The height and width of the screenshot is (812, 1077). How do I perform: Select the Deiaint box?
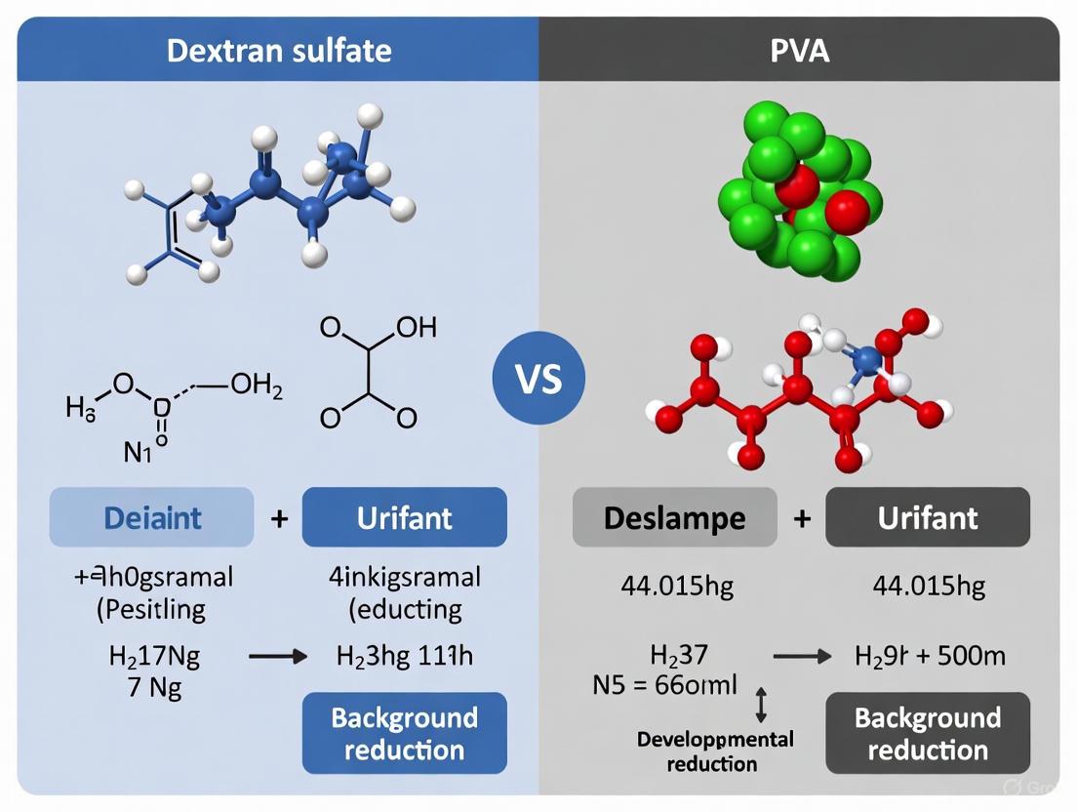coord(151,516)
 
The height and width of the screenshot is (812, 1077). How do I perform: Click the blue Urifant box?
coord(404,516)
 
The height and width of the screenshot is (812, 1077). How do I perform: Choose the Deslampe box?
coord(674,516)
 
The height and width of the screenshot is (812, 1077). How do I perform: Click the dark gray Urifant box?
coord(927,516)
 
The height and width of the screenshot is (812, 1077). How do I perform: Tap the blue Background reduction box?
coord(404,734)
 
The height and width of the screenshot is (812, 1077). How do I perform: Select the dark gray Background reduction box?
coord(927,734)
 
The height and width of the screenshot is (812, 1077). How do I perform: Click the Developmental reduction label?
coord(716,751)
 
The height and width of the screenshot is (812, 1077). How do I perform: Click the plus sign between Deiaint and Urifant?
coord(279,517)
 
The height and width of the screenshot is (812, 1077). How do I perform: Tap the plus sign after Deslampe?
coord(802,517)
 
